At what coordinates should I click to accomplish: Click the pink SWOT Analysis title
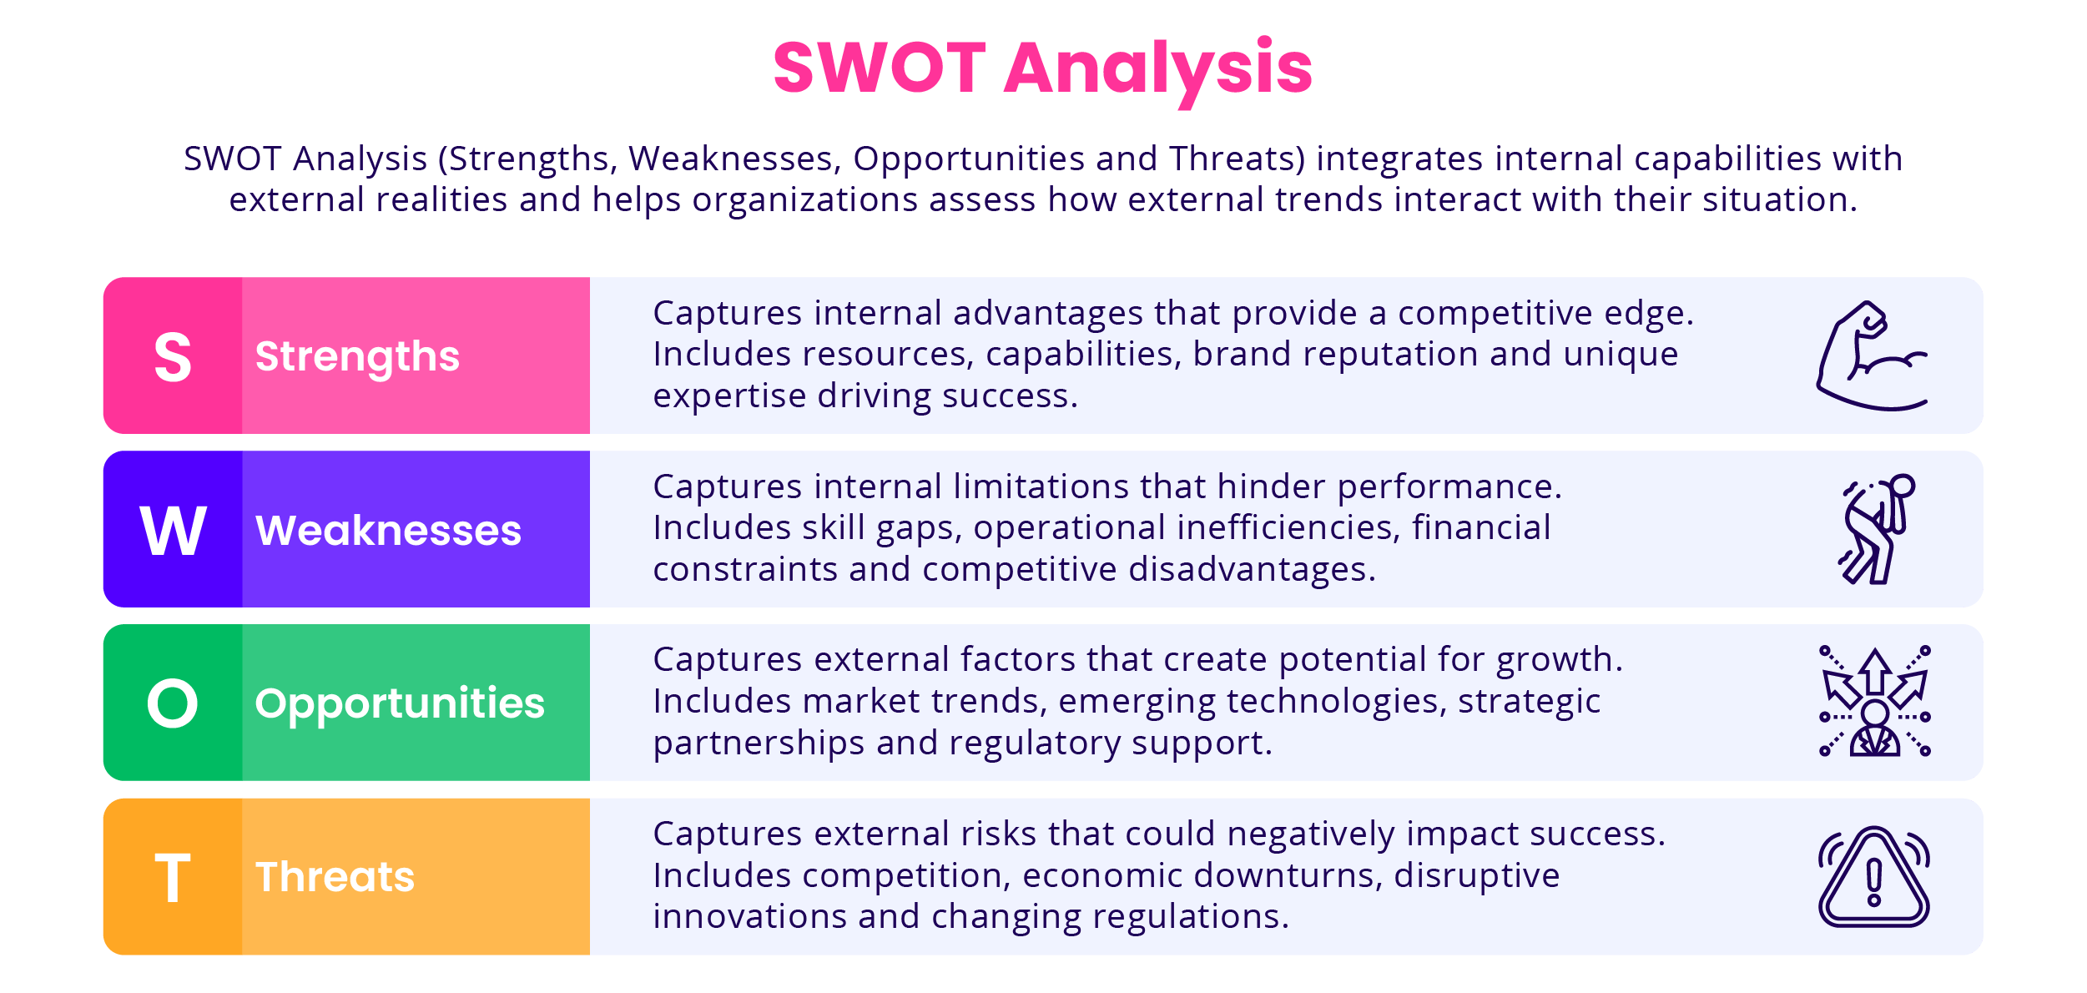pyautogui.click(x=1042, y=68)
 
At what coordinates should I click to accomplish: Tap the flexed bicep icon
pyautogui.click(x=1873, y=356)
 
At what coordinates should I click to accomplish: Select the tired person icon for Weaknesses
pyautogui.click(x=1876, y=529)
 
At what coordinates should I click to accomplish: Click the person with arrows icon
pyautogui.click(x=1874, y=702)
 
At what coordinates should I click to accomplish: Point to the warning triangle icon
pyautogui.click(x=1874, y=877)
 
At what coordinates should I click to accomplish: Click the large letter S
pyautogui.click(x=173, y=357)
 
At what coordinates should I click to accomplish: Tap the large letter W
pyautogui.click(x=173, y=531)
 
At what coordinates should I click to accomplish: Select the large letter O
pyautogui.click(x=173, y=703)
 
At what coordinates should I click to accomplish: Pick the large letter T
pyautogui.click(x=173, y=878)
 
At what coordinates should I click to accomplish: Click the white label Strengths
pyautogui.click(x=357, y=356)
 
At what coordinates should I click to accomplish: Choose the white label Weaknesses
pyautogui.click(x=388, y=531)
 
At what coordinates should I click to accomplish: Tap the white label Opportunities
pyautogui.click(x=400, y=703)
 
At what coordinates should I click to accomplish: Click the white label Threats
pyautogui.click(x=335, y=877)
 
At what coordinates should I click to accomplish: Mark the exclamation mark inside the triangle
pyautogui.click(x=1874, y=883)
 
